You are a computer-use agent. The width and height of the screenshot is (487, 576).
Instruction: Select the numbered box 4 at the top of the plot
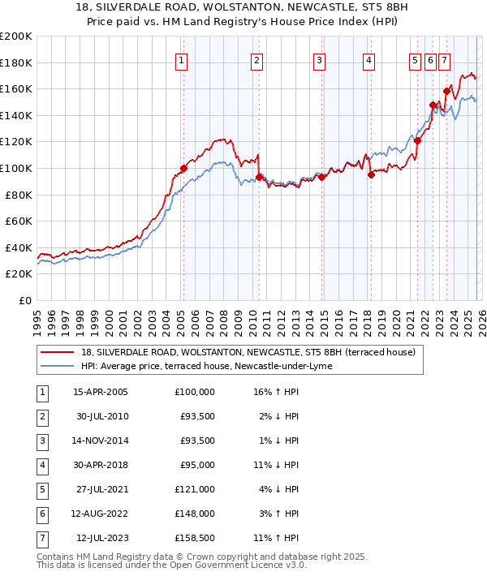point(368,59)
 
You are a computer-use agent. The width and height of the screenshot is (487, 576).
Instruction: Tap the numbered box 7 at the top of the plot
point(445,59)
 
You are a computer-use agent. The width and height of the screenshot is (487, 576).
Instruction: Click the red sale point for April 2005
point(183,169)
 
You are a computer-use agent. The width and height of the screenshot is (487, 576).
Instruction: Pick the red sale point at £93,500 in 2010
point(259,177)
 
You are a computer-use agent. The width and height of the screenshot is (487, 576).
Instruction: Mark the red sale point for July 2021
point(417,140)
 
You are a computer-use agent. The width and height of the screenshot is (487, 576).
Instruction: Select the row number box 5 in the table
point(41,488)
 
